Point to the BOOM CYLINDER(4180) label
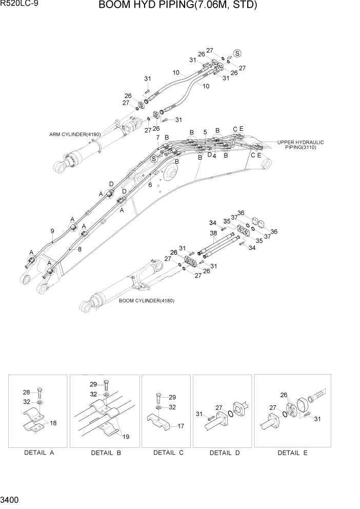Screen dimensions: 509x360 (146, 301)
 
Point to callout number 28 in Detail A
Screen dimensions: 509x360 (26, 391)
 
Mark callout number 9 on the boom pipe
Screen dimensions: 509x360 (52, 231)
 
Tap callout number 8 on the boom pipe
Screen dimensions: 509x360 (79, 249)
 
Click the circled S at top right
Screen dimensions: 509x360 (237, 53)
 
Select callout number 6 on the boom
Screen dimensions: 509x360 (150, 185)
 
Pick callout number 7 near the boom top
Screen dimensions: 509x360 (158, 138)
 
